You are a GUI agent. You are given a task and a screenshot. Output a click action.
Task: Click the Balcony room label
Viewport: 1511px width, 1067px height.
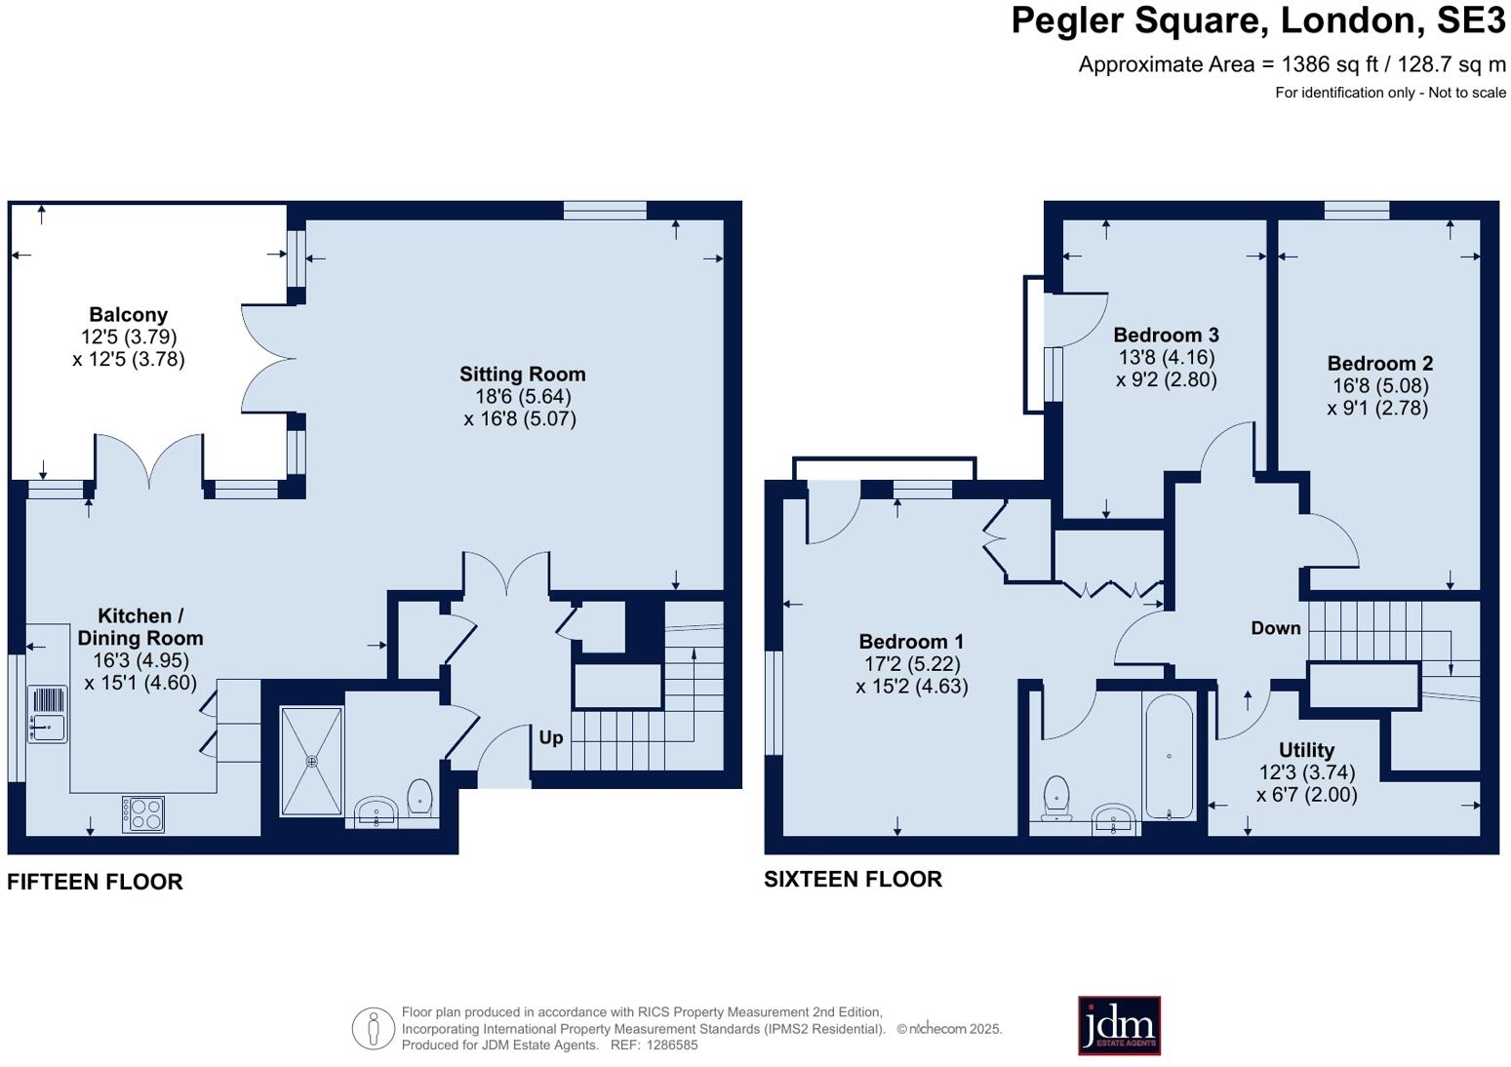(x=128, y=315)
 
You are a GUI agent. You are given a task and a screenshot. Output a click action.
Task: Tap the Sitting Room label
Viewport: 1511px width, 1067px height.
(x=522, y=375)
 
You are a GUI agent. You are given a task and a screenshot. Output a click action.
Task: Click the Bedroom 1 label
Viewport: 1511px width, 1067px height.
(x=911, y=642)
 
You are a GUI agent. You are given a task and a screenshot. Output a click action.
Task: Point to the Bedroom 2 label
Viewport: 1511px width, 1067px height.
(x=1379, y=364)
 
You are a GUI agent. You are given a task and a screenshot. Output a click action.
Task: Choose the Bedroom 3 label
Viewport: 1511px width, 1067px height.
(x=1166, y=336)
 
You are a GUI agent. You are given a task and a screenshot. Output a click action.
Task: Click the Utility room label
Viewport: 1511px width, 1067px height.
(x=1306, y=750)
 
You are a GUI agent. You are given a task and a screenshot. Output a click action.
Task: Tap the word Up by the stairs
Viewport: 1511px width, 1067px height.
(x=551, y=737)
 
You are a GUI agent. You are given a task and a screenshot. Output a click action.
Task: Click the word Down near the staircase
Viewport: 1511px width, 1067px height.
(x=1276, y=628)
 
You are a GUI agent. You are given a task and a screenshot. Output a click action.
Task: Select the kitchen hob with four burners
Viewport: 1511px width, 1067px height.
(x=143, y=814)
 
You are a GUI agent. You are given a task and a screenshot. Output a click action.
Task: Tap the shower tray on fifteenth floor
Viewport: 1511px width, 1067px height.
(x=312, y=762)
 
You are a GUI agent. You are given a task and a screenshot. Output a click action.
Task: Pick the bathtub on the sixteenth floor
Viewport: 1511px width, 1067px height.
(x=1168, y=757)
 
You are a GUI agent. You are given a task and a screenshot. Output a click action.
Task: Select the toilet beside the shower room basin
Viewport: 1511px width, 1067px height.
(x=419, y=796)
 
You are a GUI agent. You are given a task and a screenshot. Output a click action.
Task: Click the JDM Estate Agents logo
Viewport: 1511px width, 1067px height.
(x=1119, y=1025)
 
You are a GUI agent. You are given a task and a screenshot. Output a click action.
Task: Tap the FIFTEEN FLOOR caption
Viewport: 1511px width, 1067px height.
(x=95, y=882)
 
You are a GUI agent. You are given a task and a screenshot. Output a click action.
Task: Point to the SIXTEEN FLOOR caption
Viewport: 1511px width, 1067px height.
(x=853, y=879)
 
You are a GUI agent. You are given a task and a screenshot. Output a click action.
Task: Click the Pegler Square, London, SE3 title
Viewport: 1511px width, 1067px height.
(x=1257, y=20)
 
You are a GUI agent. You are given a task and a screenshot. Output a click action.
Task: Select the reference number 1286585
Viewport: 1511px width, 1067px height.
(x=670, y=1045)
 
